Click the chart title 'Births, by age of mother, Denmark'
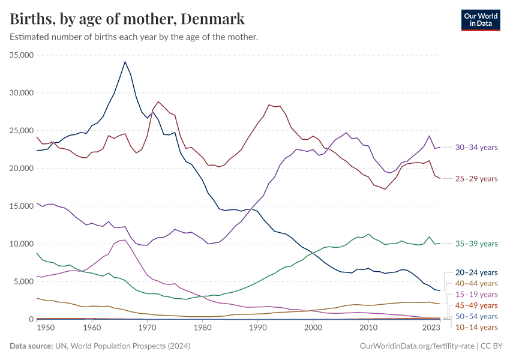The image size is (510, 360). (127, 19)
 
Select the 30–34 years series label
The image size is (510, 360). (476, 147)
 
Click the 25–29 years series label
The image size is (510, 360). (476, 179)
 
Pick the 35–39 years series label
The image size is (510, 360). (476, 244)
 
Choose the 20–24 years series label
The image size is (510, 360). (476, 272)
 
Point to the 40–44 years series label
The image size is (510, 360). (476, 283)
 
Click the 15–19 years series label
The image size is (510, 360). (476, 295)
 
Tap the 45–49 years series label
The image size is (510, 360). (476, 305)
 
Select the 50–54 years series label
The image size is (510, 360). (476, 316)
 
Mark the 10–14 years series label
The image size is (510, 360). (476, 327)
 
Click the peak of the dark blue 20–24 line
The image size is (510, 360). (125, 61)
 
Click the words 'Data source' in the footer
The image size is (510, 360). (30, 346)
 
